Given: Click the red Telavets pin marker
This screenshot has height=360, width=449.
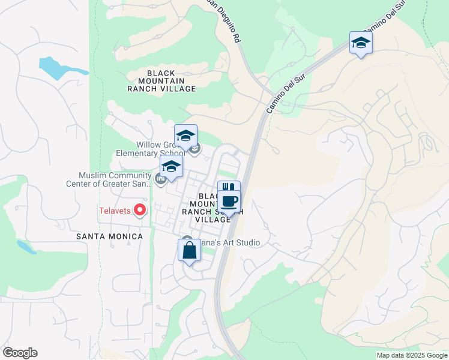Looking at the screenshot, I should coord(140,209).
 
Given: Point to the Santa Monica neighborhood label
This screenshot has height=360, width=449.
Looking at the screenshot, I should coord(110,236).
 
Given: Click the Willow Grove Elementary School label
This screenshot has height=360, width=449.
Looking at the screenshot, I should coord(150,149).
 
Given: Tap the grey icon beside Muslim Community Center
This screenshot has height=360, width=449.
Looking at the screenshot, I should coord(160,179).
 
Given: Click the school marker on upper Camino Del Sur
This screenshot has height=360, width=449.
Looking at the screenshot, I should coord(361,43).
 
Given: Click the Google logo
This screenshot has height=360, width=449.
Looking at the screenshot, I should coord(20,353).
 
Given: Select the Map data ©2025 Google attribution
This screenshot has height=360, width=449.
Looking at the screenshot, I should coord(412,355).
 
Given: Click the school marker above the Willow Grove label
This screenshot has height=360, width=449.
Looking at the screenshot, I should coord(186,136).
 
